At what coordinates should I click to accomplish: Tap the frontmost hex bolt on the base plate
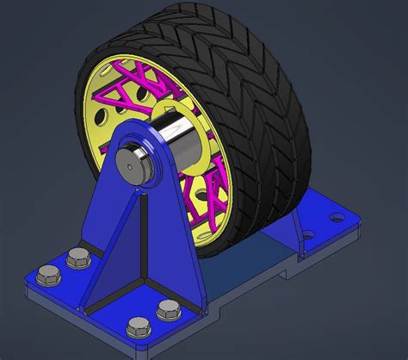tap(137, 327)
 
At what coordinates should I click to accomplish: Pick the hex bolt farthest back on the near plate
tap(76, 256)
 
